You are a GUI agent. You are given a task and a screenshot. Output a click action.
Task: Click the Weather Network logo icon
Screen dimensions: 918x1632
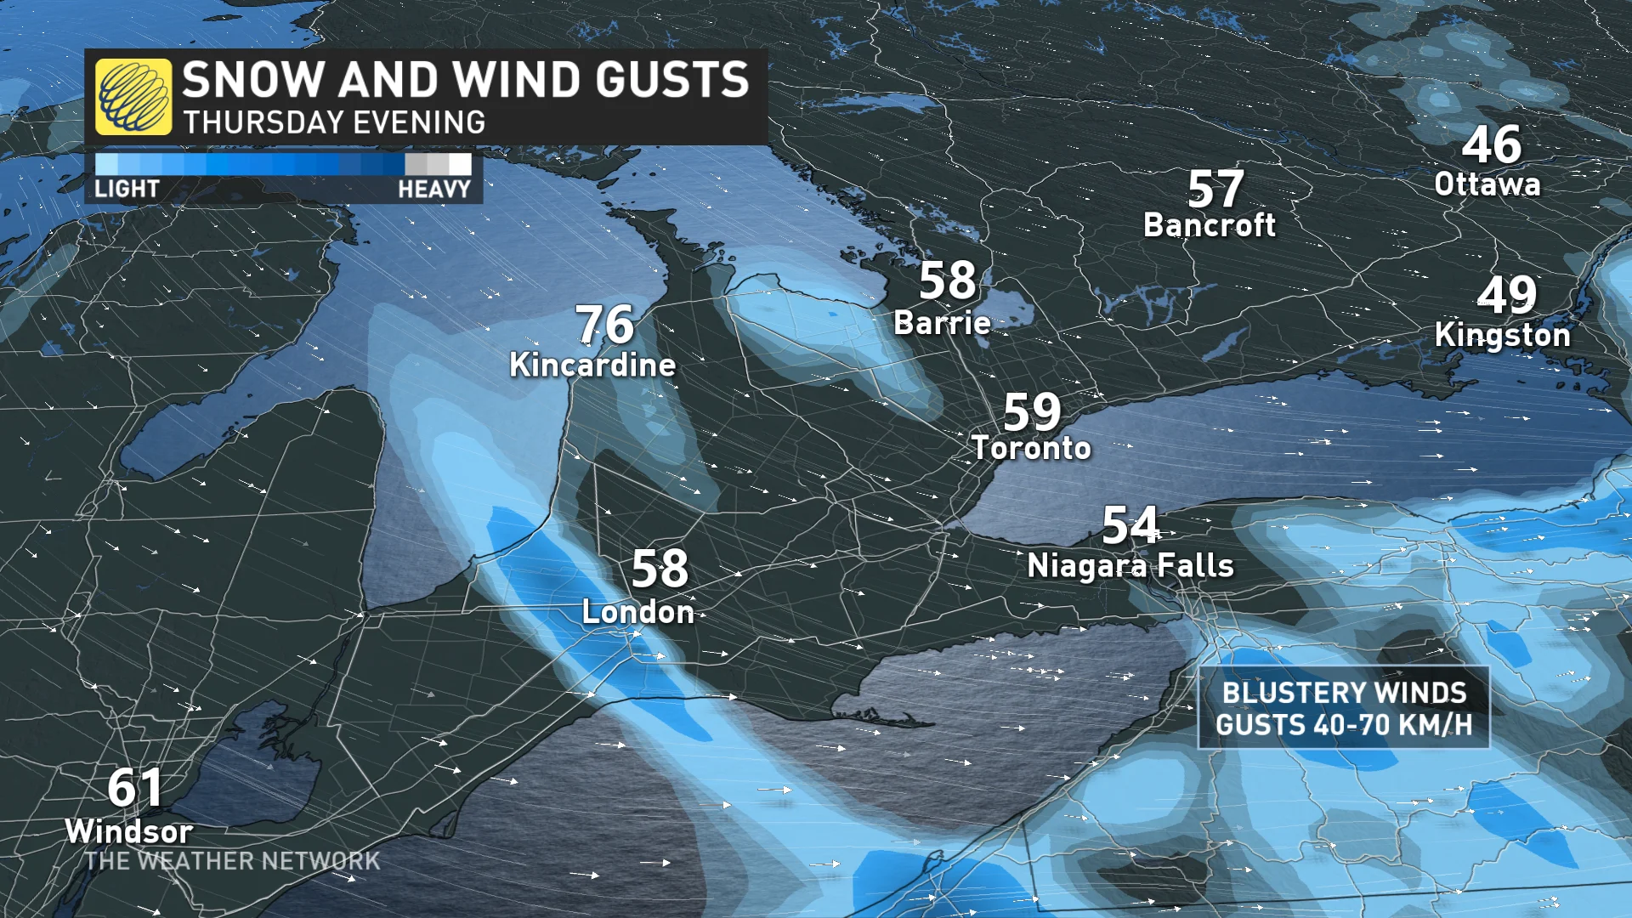[x=133, y=97]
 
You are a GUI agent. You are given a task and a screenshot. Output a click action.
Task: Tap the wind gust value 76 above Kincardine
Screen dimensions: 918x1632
[x=605, y=325]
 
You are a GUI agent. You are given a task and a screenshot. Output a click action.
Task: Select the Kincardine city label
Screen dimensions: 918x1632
[x=592, y=365]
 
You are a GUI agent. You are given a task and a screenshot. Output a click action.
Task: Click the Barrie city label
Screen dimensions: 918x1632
[x=942, y=323]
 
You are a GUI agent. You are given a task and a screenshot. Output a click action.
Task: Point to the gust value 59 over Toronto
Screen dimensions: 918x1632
[x=1032, y=412]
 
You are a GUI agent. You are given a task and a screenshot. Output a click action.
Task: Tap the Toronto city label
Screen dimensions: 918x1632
[x=1031, y=448]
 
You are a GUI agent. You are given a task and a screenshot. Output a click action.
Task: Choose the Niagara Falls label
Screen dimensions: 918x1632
[x=1130, y=566]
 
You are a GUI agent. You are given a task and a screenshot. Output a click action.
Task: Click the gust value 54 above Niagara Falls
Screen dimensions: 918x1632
[x=1130, y=525]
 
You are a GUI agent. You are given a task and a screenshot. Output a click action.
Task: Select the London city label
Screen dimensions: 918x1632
[x=637, y=612]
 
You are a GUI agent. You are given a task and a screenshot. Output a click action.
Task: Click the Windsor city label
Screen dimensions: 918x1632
[x=129, y=831]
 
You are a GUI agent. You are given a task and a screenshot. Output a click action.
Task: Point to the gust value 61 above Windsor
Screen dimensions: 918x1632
[x=134, y=788]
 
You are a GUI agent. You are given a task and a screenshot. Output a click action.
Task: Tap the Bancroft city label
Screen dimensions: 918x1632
[x=1209, y=225]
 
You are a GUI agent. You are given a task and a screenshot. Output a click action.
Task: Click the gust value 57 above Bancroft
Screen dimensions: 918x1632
[x=1215, y=189]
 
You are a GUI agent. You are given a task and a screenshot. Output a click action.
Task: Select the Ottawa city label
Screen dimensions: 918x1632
[x=1487, y=184]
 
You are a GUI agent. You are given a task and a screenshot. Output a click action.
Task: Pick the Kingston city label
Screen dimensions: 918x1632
[x=1502, y=335]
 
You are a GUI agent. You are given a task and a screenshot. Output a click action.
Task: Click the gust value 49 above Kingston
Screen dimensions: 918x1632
[x=1507, y=295]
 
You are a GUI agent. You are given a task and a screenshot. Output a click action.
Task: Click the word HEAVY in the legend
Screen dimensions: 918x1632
[x=433, y=189]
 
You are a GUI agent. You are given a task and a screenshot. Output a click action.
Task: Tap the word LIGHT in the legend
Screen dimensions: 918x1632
[x=127, y=189]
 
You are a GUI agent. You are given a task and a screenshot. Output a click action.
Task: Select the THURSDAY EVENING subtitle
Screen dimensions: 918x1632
[x=334, y=122]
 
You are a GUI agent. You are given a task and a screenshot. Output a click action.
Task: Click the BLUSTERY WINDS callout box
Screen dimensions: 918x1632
[x=1343, y=708]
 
